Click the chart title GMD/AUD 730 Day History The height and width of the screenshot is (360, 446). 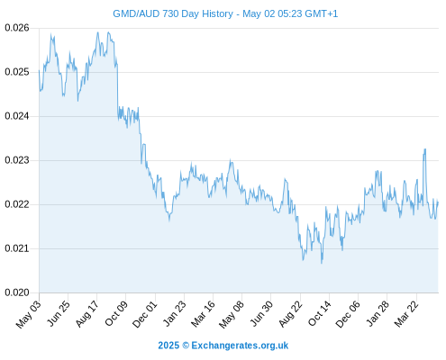(x=173, y=13)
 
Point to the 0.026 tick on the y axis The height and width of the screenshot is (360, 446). (x=17, y=28)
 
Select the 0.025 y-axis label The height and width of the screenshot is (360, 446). (x=17, y=72)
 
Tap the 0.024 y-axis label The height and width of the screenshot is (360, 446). (x=17, y=116)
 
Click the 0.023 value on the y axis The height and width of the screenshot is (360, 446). (x=17, y=160)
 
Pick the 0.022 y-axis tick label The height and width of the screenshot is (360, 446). (x=17, y=204)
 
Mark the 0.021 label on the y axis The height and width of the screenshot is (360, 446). (x=17, y=248)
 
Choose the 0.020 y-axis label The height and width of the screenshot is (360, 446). (x=17, y=292)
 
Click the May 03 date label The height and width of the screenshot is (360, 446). (x=29, y=314)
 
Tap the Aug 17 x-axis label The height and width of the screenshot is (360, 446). (x=87, y=314)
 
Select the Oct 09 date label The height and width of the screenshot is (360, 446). (x=116, y=314)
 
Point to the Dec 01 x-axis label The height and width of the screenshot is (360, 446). (x=145, y=314)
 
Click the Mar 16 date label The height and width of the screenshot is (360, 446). (x=204, y=314)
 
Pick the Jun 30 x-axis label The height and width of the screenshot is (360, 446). (x=261, y=314)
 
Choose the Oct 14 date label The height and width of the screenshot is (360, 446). (x=320, y=314)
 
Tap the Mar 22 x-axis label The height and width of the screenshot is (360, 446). (x=406, y=314)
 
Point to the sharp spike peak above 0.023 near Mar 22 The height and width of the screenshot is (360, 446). (x=425, y=149)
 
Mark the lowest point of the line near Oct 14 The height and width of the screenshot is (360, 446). (x=322, y=263)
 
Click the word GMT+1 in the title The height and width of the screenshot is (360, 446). (x=321, y=13)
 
